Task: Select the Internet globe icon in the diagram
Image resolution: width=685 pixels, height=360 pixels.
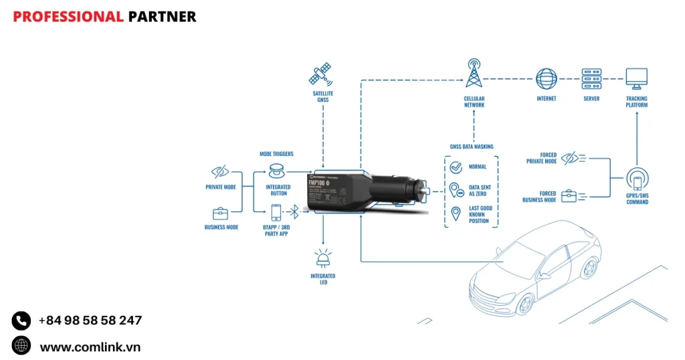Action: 546,78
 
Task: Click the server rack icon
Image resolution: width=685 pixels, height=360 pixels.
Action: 591,78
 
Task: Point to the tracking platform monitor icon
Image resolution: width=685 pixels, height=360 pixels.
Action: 636,78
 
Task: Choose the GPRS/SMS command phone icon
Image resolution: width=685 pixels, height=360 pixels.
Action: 637,179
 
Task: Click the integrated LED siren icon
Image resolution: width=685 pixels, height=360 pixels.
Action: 323,258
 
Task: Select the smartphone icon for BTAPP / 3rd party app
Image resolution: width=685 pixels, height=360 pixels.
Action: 276,212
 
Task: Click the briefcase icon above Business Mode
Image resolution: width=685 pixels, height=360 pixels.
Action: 220,214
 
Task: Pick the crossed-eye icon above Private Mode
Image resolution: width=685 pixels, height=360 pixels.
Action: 220,171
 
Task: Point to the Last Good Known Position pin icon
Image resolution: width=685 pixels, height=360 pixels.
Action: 456,213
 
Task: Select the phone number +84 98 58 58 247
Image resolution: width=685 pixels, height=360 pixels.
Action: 90,321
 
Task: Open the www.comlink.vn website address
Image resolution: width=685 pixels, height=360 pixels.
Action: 90,347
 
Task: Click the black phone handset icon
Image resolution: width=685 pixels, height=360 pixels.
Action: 21,321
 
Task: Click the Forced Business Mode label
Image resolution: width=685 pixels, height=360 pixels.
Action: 540,197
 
